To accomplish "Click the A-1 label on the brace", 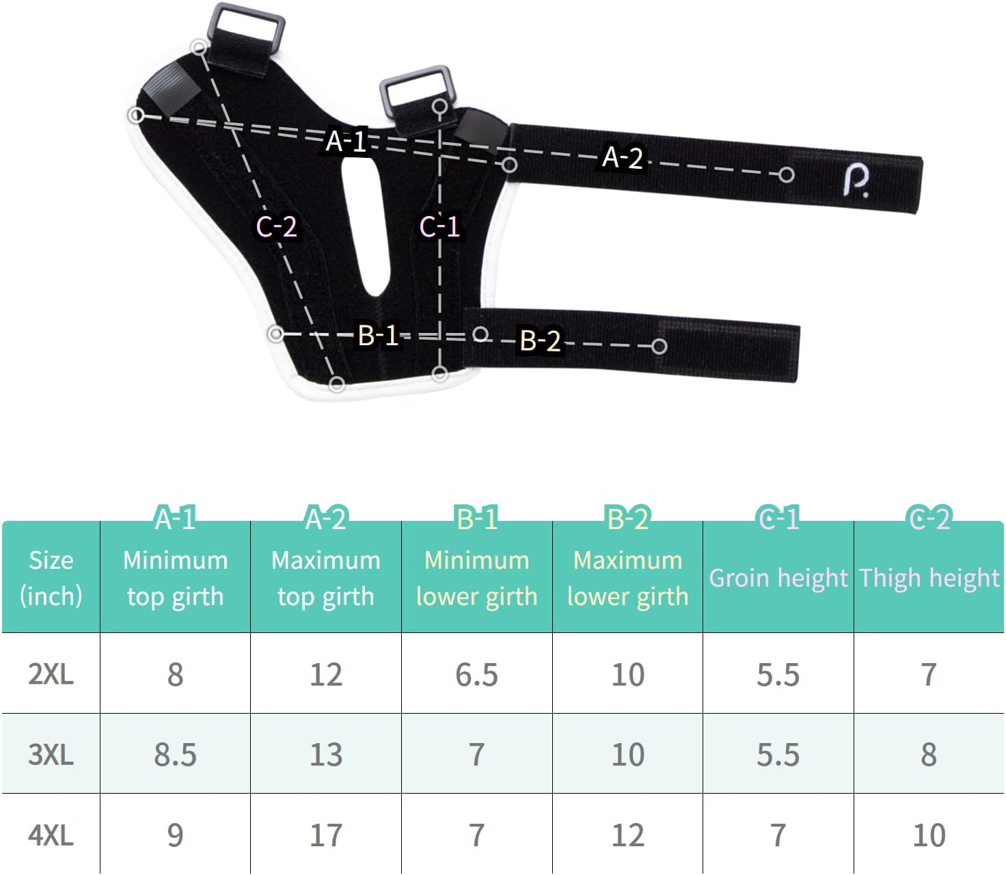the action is point(346,141).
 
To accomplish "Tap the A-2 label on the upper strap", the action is point(622,157).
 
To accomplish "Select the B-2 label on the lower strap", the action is point(540,340).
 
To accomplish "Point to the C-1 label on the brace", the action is point(439,227).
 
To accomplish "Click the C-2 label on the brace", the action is point(276,227).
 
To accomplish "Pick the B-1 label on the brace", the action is point(378,336).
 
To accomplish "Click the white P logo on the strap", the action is point(856,180).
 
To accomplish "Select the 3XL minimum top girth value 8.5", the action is point(175,755).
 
